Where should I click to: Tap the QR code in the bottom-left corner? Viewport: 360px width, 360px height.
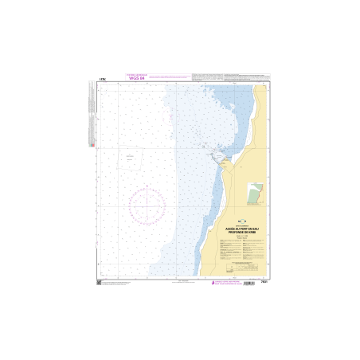99,284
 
